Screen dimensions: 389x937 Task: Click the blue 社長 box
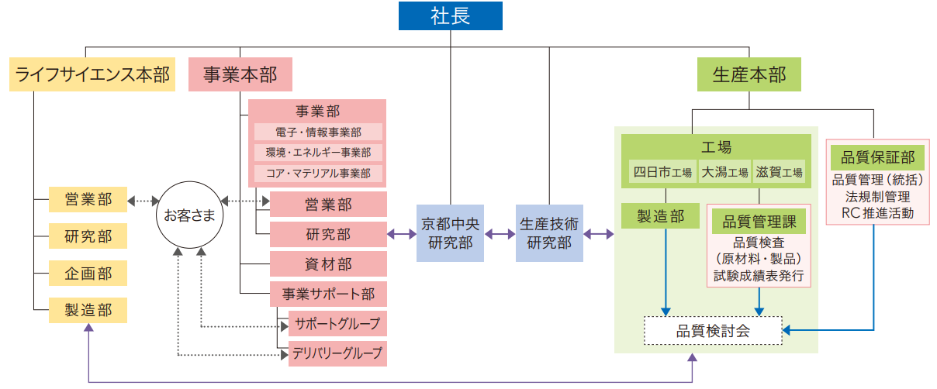[x=450, y=16]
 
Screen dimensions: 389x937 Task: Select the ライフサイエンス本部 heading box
[x=92, y=74]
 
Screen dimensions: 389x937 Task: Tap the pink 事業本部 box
[x=240, y=74]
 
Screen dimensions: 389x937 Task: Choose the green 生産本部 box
[x=749, y=74]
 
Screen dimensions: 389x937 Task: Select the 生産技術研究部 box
[x=549, y=232]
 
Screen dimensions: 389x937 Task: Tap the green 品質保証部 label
[x=878, y=158]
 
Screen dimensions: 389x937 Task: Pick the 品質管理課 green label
[x=759, y=222]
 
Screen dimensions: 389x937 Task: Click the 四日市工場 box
[x=662, y=172]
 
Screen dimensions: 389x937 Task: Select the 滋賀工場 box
[x=780, y=172]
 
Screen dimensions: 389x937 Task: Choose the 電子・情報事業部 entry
[x=318, y=133]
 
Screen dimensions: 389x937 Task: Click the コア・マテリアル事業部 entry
[x=318, y=173]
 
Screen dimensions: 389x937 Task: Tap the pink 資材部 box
[x=328, y=264]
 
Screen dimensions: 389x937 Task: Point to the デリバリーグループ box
[x=337, y=353]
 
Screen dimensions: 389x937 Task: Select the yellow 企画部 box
[x=88, y=273]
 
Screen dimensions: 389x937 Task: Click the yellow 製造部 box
[x=88, y=311]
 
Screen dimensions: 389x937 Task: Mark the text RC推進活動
[x=878, y=214]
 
